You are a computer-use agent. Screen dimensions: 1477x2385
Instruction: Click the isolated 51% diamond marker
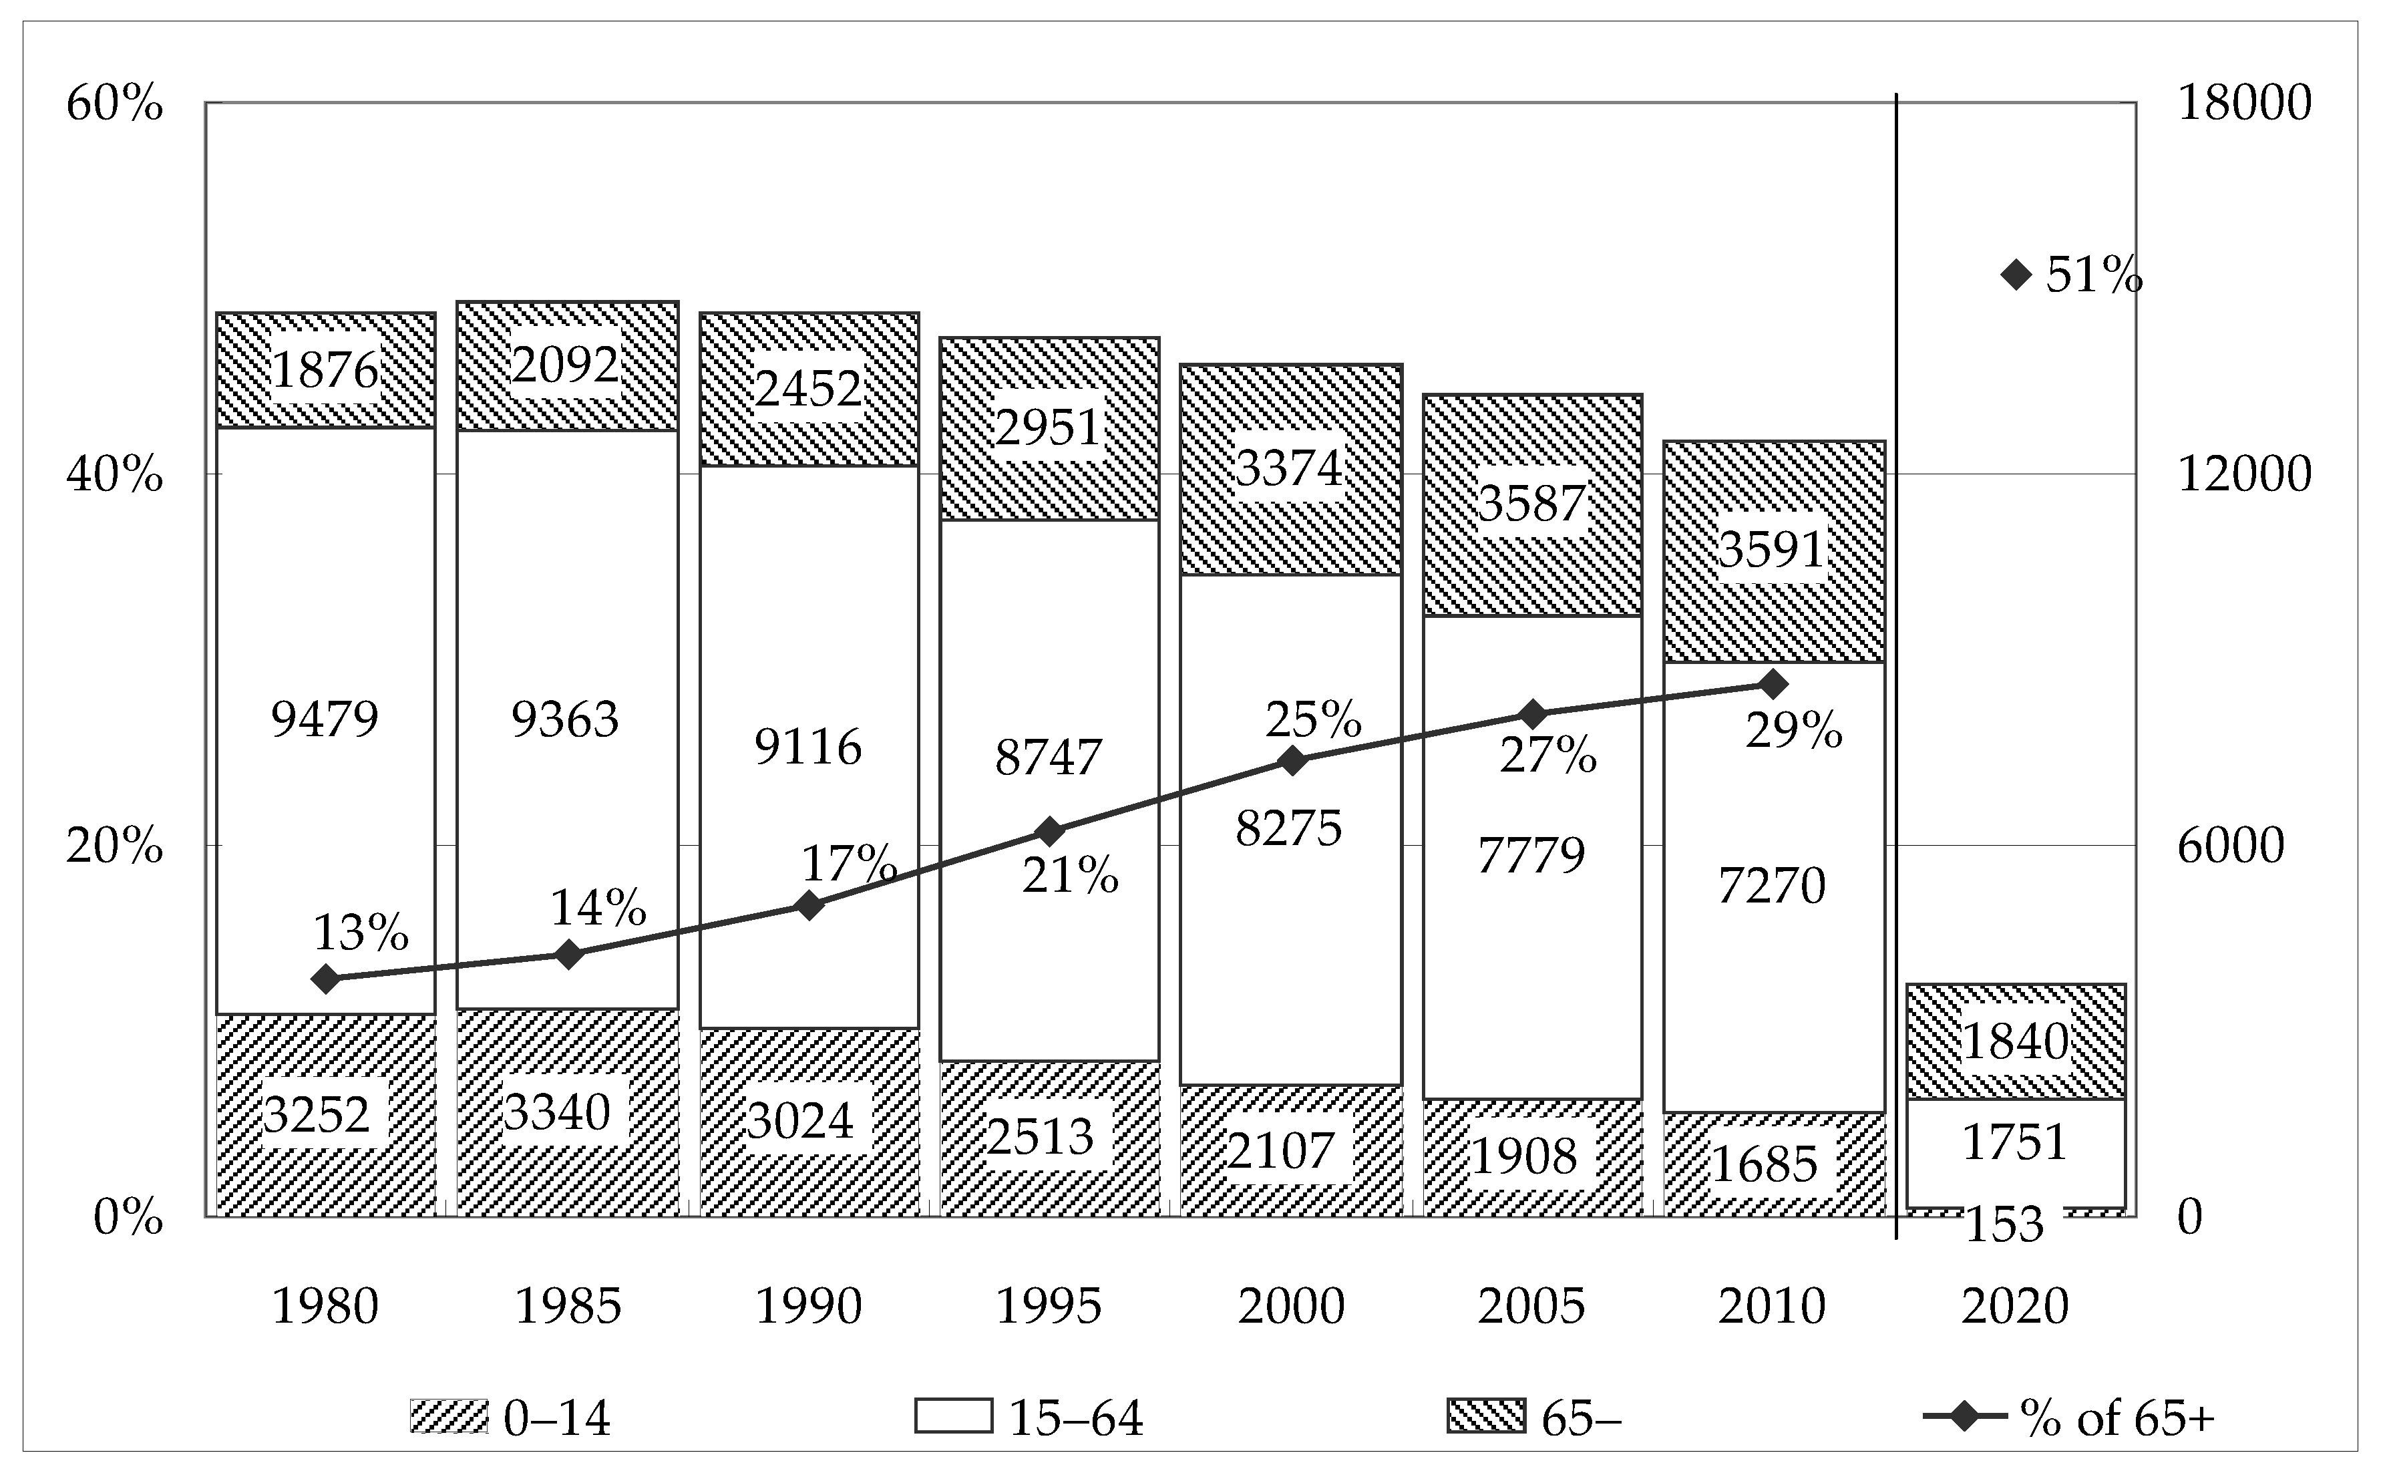point(2016,275)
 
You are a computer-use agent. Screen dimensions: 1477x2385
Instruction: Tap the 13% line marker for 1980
point(326,979)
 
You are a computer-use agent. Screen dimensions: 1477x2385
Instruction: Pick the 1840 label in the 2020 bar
point(2015,1041)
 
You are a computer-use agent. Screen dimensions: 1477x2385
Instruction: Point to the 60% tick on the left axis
point(114,104)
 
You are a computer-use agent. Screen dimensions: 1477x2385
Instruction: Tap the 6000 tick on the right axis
point(2231,846)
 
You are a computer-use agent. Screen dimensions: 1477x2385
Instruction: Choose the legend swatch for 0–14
point(448,1416)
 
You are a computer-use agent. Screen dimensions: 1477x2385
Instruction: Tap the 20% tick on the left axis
point(114,846)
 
